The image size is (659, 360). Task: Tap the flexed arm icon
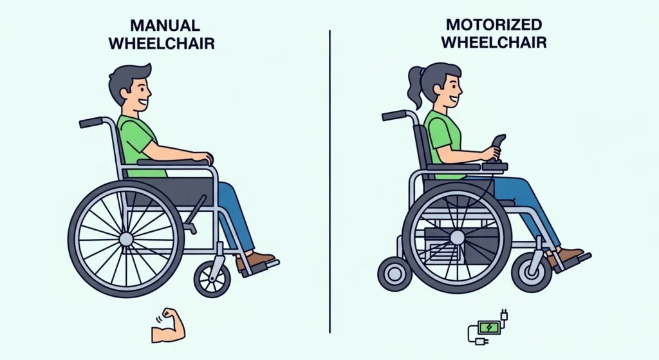pyautogui.click(x=168, y=327)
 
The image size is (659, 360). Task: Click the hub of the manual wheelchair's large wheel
pyautogui.click(x=126, y=239)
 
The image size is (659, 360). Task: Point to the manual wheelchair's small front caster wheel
pyautogui.click(x=212, y=279)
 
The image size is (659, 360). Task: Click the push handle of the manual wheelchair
pyautogui.click(x=91, y=122)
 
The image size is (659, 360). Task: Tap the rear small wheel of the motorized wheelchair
pyautogui.click(x=394, y=273)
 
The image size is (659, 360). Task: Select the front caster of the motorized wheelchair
pyautogui.click(x=532, y=272)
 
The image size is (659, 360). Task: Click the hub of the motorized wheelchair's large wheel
pyautogui.click(x=457, y=238)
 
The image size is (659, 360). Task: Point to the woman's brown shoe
pyautogui.click(x=566, y=256)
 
